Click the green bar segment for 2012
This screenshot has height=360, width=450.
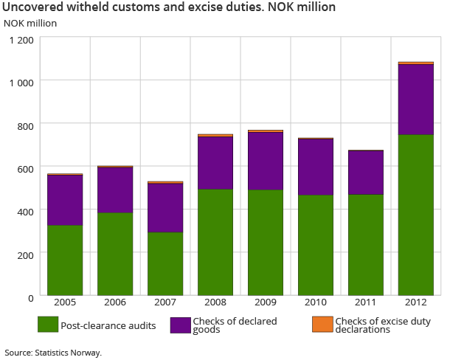415,215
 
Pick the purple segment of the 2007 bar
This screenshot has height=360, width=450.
165,208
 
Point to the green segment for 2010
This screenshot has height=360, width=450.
315,245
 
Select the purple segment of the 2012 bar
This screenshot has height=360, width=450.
415,100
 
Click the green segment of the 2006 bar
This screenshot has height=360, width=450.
115,254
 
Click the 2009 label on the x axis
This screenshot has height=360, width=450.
265,302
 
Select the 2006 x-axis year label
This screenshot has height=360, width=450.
115,302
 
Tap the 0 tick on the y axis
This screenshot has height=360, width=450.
30,297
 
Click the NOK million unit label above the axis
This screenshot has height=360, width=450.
30,22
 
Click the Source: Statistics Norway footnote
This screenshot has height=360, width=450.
52,353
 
